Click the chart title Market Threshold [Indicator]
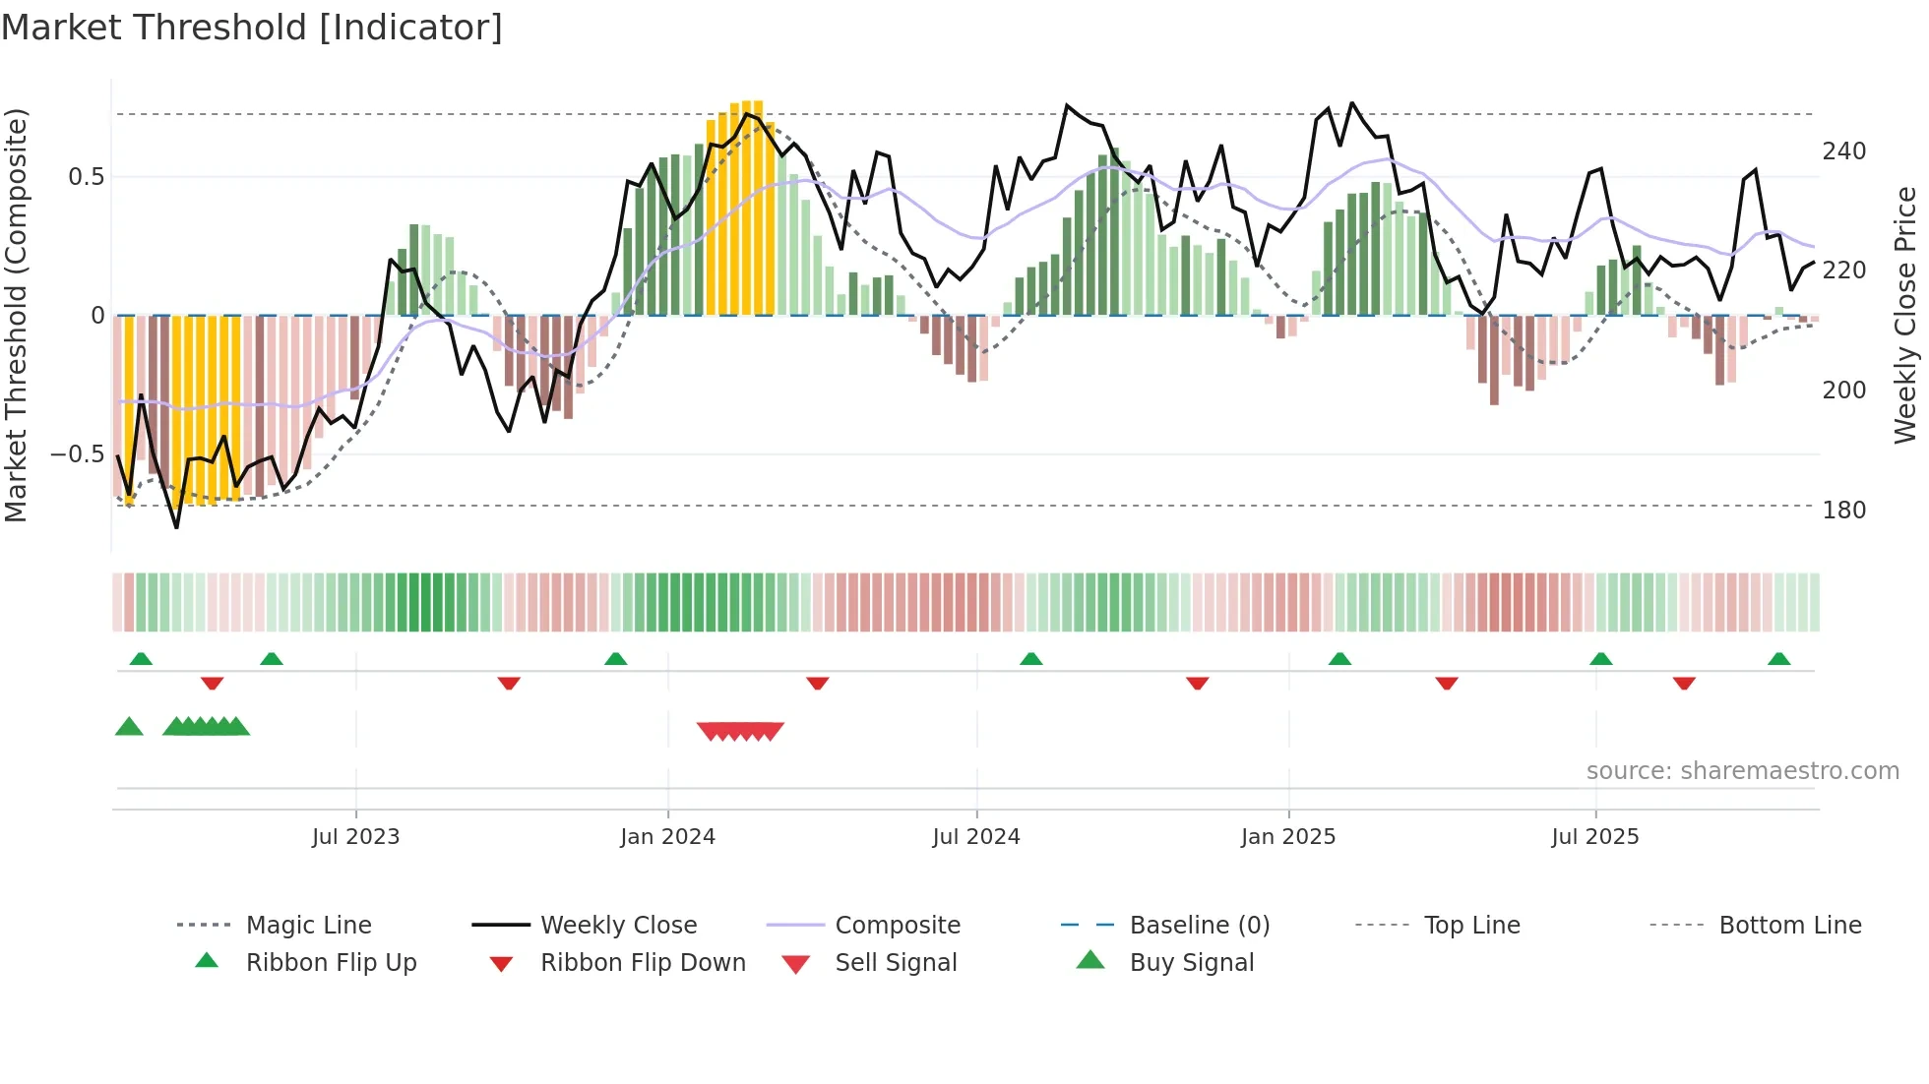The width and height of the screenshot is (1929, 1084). (x=252, y=28)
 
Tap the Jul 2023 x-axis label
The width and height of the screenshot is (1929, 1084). (x=355, y=837)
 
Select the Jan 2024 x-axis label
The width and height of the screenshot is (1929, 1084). (x=667, y=837)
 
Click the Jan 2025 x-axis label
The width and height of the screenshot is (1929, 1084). (x=1287, y=837)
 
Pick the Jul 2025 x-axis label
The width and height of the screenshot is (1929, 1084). (x=1594, y=837)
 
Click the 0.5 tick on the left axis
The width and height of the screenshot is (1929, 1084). (x=86, y=177)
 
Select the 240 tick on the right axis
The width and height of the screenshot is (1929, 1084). (x=1843, y=151)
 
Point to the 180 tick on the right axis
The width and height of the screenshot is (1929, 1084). (x=1843, y=511)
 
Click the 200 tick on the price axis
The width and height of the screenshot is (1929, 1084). (x=1843, y=391)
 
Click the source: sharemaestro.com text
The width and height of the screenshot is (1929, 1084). (x=1742, y=771)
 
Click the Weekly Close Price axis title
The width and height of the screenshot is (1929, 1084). (x=1905, y=315)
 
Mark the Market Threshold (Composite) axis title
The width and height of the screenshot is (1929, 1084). (x=16, y=315)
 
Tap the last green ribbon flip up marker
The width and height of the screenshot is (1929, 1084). (x=1778, y=659)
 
